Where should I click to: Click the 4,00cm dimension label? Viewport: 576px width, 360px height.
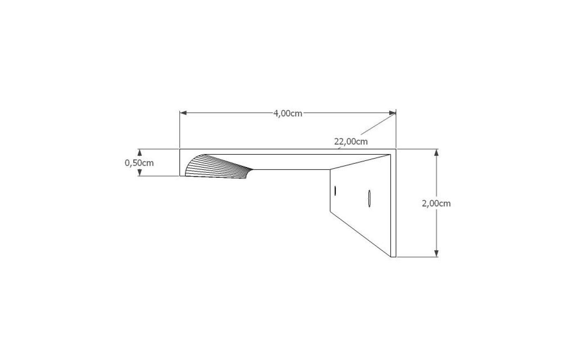click(288, 114)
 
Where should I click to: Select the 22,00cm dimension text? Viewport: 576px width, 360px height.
click(351, 142)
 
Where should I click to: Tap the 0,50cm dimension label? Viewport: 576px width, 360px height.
click(139, 163)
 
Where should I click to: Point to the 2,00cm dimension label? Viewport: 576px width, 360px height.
click(436, 203)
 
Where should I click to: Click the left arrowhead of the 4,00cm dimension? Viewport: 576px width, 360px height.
click(183, 113)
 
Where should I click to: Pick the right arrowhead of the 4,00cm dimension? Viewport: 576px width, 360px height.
click(393, 113)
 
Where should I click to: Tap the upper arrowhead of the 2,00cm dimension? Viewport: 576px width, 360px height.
click(437, 153)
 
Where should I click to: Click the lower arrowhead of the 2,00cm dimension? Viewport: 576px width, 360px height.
click(437, 253)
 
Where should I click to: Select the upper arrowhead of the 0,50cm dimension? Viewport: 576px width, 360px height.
click(139, 153)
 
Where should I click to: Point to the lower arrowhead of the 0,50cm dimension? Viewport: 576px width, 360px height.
click(139, 172)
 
